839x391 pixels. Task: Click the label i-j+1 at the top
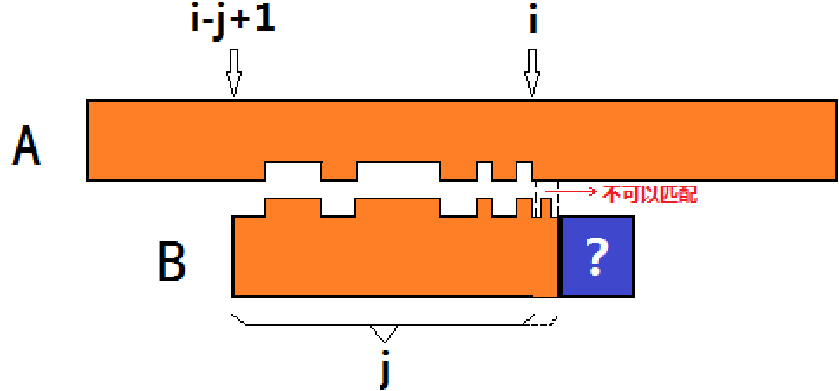tap(232, 20)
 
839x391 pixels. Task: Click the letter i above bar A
tap(531, 20)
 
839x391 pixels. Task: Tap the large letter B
tap(171, 259)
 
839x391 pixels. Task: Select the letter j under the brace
tap(384, 369)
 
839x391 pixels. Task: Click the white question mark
tap(596, 257)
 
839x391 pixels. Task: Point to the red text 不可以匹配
tap(649, 193)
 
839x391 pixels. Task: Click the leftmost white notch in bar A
tap(293, 171)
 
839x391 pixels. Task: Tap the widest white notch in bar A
tap(399, 171)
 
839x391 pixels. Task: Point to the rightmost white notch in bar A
tap(524, 171)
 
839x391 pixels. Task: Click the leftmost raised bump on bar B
tap(293, 208)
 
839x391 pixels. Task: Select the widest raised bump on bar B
tap(399, 208)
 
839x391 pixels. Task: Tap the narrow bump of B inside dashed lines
tap(547, 208)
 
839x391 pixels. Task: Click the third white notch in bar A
tap(485, 171)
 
